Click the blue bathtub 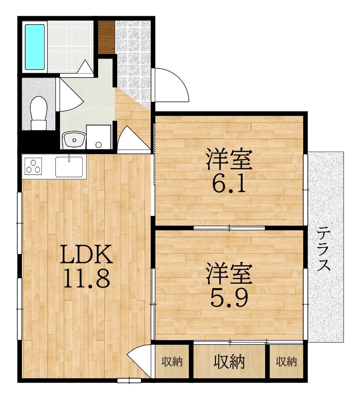[x=35, y=47]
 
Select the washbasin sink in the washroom [x=73, y=139]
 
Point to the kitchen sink [x=69, y=166]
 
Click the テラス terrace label [x=325, y=249]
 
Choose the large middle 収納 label [x=229, y=361]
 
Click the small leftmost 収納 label [x=172, y=361]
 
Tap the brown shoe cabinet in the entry [x=106, y=37]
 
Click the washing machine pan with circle [x=98, y=137]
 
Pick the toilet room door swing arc [x=70, y=95]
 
